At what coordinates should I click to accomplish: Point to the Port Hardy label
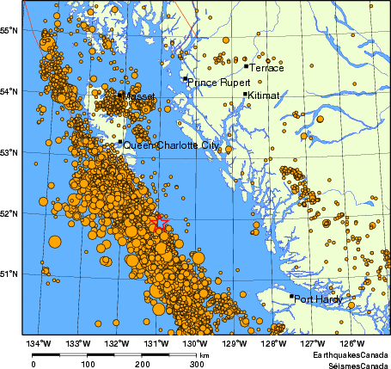pyautogui.click(x=317, y=300)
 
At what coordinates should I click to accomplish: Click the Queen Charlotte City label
pyautogui.click(x=171, y=145)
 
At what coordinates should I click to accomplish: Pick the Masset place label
pyautogui.click(x=139, y=96)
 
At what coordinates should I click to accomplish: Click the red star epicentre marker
pyautogui.click(x=160, y=222)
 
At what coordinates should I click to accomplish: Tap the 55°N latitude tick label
pyautogui.click(x=10, y=30)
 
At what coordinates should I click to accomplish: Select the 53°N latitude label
pyautogui.click(x=10, y=152)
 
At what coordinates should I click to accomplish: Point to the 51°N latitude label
pyautogui.click(x=10, y=274)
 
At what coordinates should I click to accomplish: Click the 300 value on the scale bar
pyautogui.click(x=197, y=364)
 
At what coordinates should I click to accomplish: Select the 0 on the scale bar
pyautogui.click(x=33, y=364)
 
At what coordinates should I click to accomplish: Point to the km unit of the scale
pyautogui.click(x=205, y=354)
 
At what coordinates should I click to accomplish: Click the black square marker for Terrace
pyautogui.click(x=246, y=65)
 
